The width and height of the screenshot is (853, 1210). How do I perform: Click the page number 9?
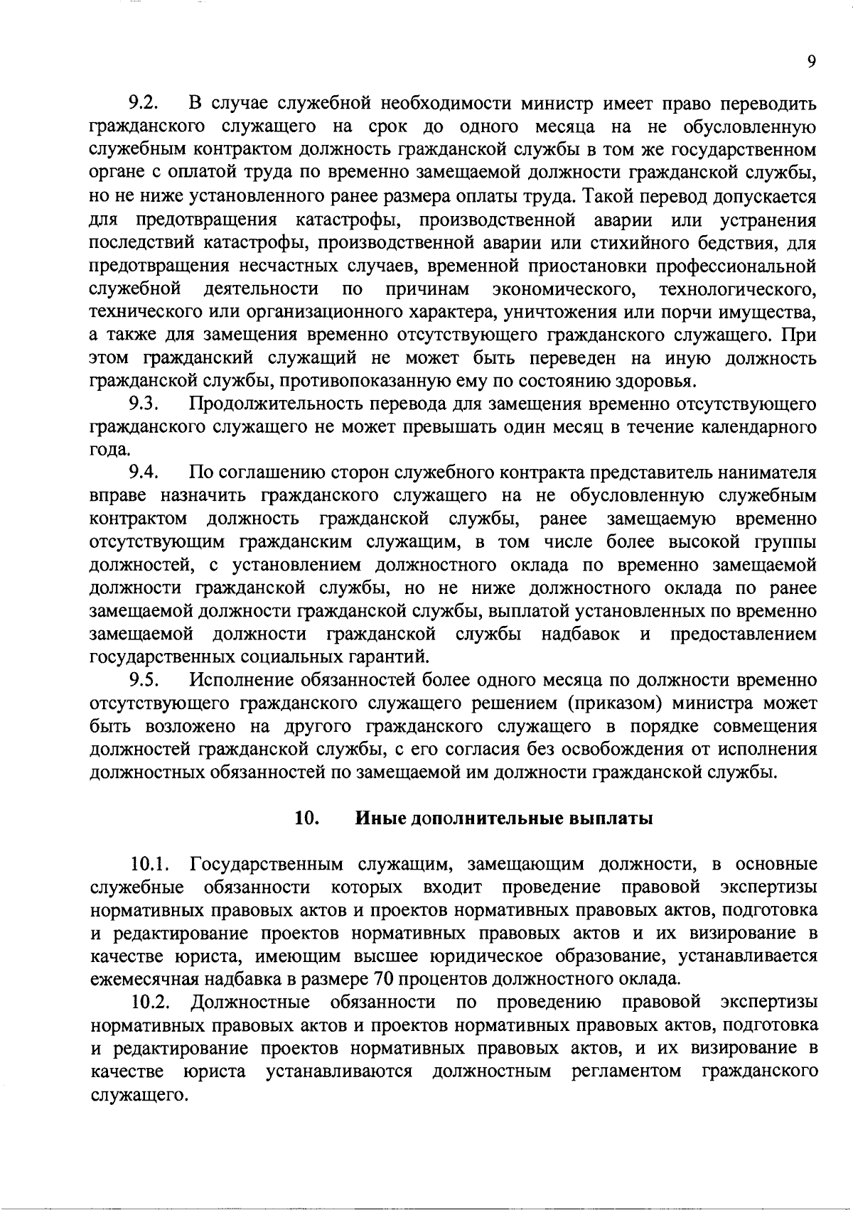click(811, 62)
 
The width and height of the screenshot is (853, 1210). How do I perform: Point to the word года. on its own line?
click(110, 450)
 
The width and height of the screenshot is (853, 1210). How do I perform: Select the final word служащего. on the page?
click(139, 1095)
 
